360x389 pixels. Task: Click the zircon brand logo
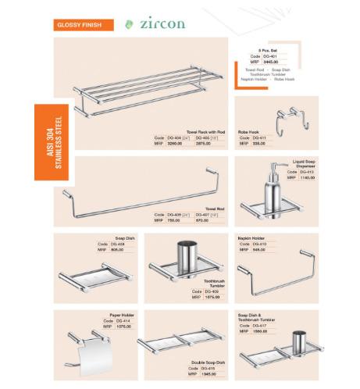pos(161,23)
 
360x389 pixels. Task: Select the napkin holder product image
pos(273,277)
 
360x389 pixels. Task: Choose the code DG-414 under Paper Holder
pos(124,321)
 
